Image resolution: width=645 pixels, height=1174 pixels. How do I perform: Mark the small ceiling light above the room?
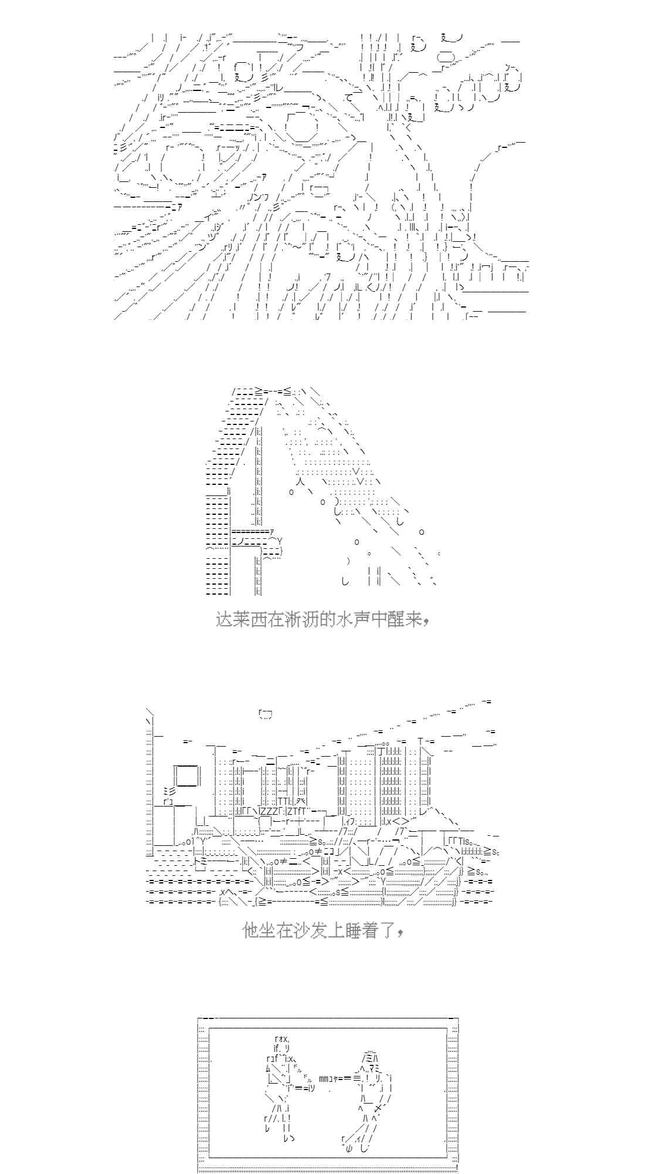pyautogui.click(x=264, y=714)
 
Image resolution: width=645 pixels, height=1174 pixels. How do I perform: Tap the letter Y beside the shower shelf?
pyautogui.click(x=280, y=540)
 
